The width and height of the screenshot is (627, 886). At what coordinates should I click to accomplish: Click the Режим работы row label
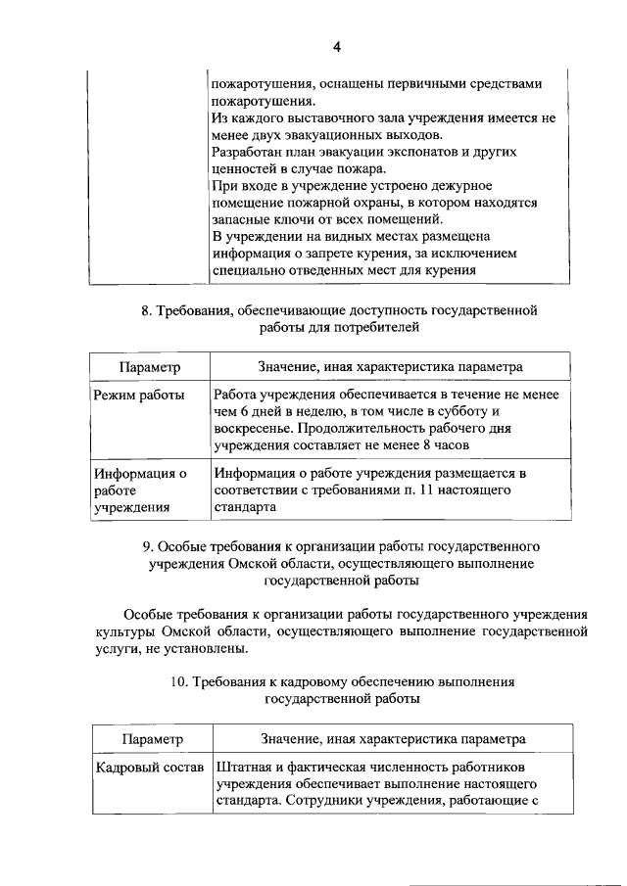tap(138, 395)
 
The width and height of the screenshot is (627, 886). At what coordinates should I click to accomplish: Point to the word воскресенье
tap(250, 429)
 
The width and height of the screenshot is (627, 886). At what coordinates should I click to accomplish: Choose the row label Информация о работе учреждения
tap(140, 490)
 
